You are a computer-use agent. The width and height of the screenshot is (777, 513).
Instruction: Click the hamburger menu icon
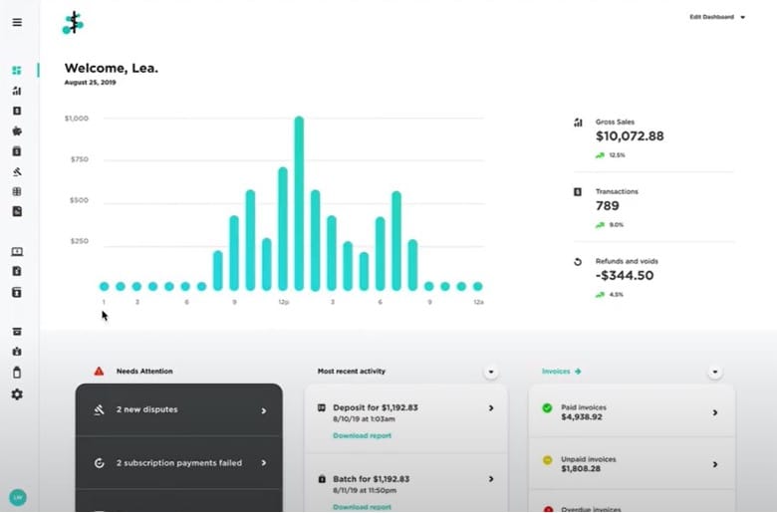pos(17,22)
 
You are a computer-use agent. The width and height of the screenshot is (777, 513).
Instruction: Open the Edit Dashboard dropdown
pos(716,17)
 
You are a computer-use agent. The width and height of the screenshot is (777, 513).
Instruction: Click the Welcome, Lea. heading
pos(112,68)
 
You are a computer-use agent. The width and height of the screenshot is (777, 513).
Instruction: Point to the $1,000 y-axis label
pos(77,119)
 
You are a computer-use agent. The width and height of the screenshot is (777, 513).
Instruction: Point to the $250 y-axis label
pos(79,241)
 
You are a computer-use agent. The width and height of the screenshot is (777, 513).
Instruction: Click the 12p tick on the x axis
pos(283,301)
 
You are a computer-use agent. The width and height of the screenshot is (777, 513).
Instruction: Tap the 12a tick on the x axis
pos(478,301)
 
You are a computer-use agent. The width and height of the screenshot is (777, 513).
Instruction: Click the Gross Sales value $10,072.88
pos(630,136)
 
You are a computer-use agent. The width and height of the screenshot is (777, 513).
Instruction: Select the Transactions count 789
pos(608,206)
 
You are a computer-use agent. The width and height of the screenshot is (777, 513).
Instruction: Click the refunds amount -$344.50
pos(625,276)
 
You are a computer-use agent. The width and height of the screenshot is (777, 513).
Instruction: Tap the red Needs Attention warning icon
pos(99,372)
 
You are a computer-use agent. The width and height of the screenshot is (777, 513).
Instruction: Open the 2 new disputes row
pos(179,410)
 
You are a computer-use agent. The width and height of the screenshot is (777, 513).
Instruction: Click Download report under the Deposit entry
pos(362,435)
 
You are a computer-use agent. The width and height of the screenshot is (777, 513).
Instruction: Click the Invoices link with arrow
pos(561,372)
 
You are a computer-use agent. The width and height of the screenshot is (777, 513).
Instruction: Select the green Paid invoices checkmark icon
pos(547,407)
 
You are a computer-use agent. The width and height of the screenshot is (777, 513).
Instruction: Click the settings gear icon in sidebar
pos(17,394)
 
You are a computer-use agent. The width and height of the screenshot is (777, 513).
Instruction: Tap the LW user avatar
pos(17,496)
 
